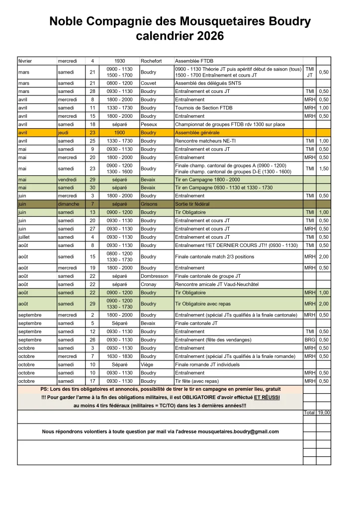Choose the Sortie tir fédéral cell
pyautogui.click(x=192, y=204)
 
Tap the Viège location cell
pyautogui.click(x=148, y=365)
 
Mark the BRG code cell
pyautogui.click(x=310, y=340)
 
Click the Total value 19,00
pyautogui.click(x=324, y=413)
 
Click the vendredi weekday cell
pyautogui.click(x=69, y=179)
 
